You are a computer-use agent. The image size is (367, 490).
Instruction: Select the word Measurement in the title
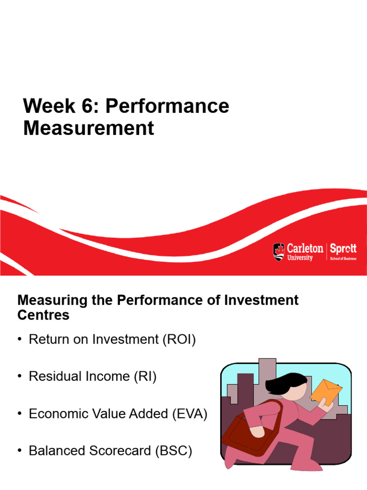tap(89, 128)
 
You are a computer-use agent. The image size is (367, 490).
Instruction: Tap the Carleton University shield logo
tap(278, 252)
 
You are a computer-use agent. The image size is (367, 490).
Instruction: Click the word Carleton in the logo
tap(305, 248)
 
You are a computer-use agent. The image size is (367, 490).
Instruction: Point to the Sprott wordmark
tap(343, 249)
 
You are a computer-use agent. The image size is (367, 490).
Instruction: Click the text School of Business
tap(343, 258)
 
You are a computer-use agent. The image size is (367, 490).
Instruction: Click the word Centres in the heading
tap(43, 315)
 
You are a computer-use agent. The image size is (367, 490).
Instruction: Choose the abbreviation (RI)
tap(144, 377)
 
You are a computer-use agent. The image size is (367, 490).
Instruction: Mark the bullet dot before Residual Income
tap(20, 377)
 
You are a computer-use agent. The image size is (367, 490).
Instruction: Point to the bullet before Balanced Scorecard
tap(20, 451)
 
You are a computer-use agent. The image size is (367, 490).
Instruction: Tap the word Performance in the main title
tap(167, 106)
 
